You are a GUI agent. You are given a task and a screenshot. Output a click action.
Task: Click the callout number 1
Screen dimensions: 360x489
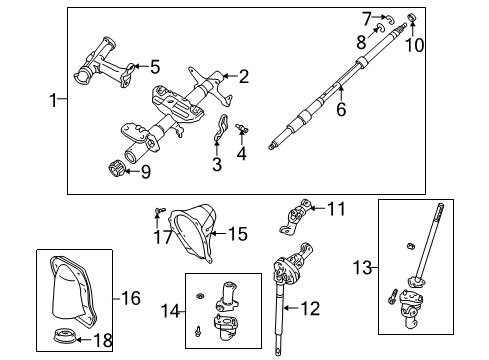coord(54,99)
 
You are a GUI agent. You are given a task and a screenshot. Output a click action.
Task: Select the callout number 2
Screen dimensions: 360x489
coord(243,75)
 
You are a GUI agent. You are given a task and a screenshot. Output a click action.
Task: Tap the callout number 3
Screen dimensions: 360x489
coord(217,165)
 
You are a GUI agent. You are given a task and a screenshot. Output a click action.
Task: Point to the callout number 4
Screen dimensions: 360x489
coord(241,154)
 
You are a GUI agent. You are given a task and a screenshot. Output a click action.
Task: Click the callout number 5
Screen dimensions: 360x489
coord(154,67)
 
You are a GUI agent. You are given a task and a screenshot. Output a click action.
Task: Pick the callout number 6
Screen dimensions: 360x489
coord(341,110)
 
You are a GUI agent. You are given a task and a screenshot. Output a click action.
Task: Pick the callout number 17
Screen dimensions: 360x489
coord(156,237)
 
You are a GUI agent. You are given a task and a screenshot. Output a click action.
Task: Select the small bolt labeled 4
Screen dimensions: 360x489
coord(242,127)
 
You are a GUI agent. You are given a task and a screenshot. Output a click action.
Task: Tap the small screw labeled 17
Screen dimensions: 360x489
coord(158,211)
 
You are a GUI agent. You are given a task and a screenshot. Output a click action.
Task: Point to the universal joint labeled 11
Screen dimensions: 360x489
coord(293,212)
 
